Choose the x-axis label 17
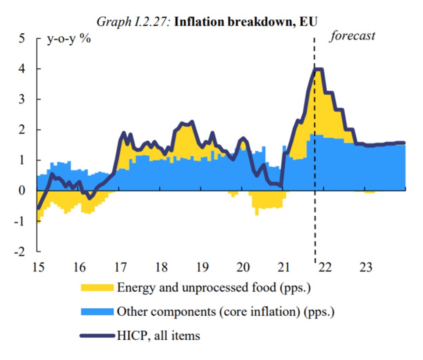(119, 267)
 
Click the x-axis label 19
(201, 267)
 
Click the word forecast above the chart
(352, 36)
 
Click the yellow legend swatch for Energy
(97, 288)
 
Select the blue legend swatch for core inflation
(97, 312)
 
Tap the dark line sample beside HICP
(97, 336)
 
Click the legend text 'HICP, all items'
(158, 336)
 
